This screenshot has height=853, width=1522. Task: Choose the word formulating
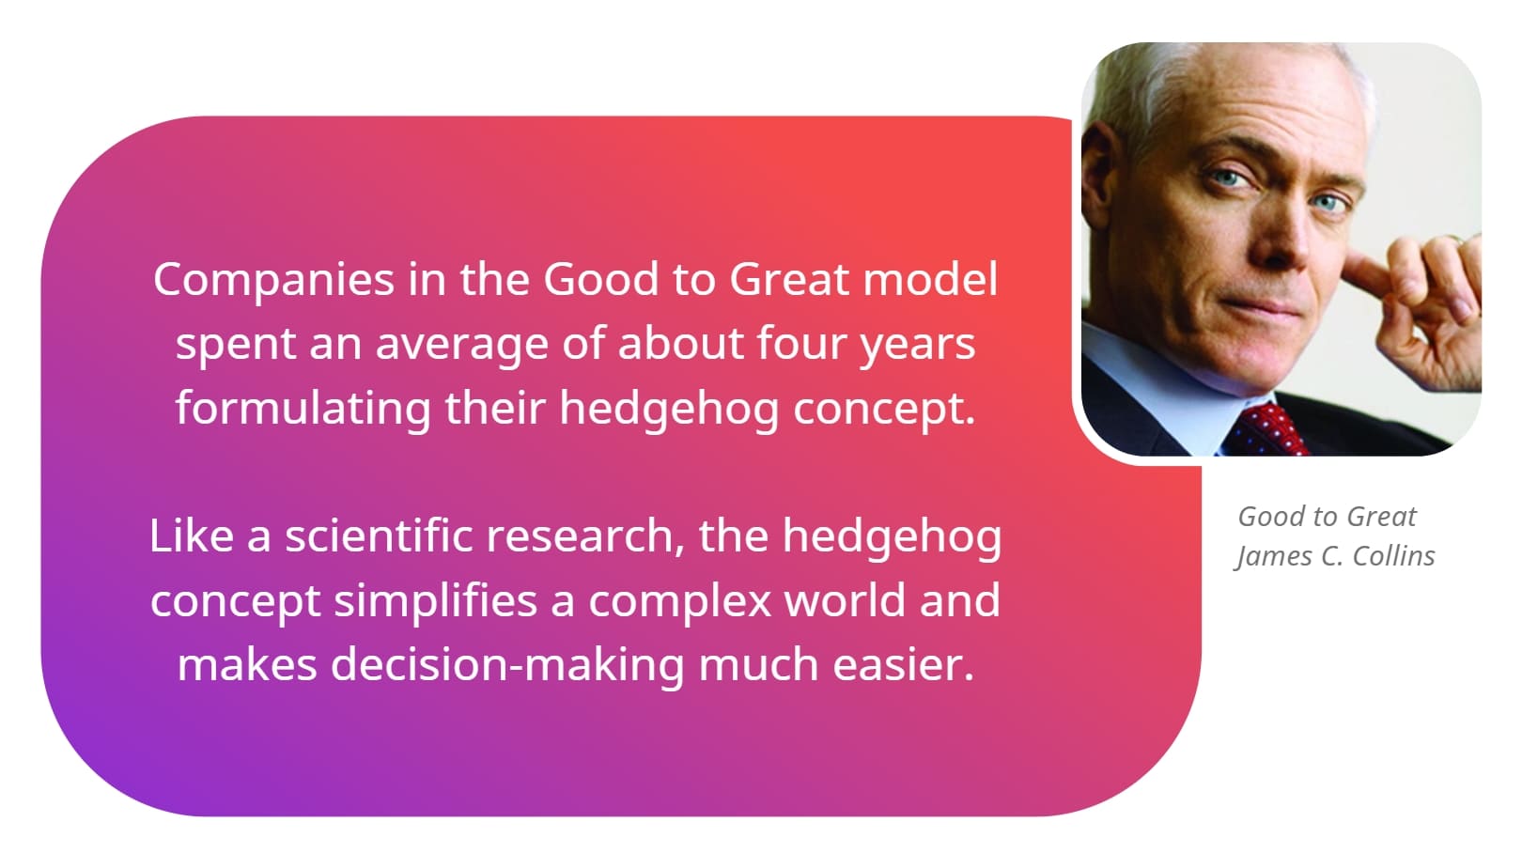tap(303, 408)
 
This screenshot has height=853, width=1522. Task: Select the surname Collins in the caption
tap(1393, 556)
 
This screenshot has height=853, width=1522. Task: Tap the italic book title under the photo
tap(1327, 517)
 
